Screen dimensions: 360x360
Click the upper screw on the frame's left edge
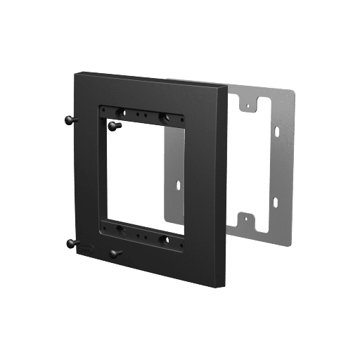(68, 120)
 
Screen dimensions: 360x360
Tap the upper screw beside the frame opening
(115, 124)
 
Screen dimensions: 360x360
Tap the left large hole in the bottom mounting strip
(120, 229)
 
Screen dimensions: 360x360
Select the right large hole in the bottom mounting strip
(163, 239)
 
